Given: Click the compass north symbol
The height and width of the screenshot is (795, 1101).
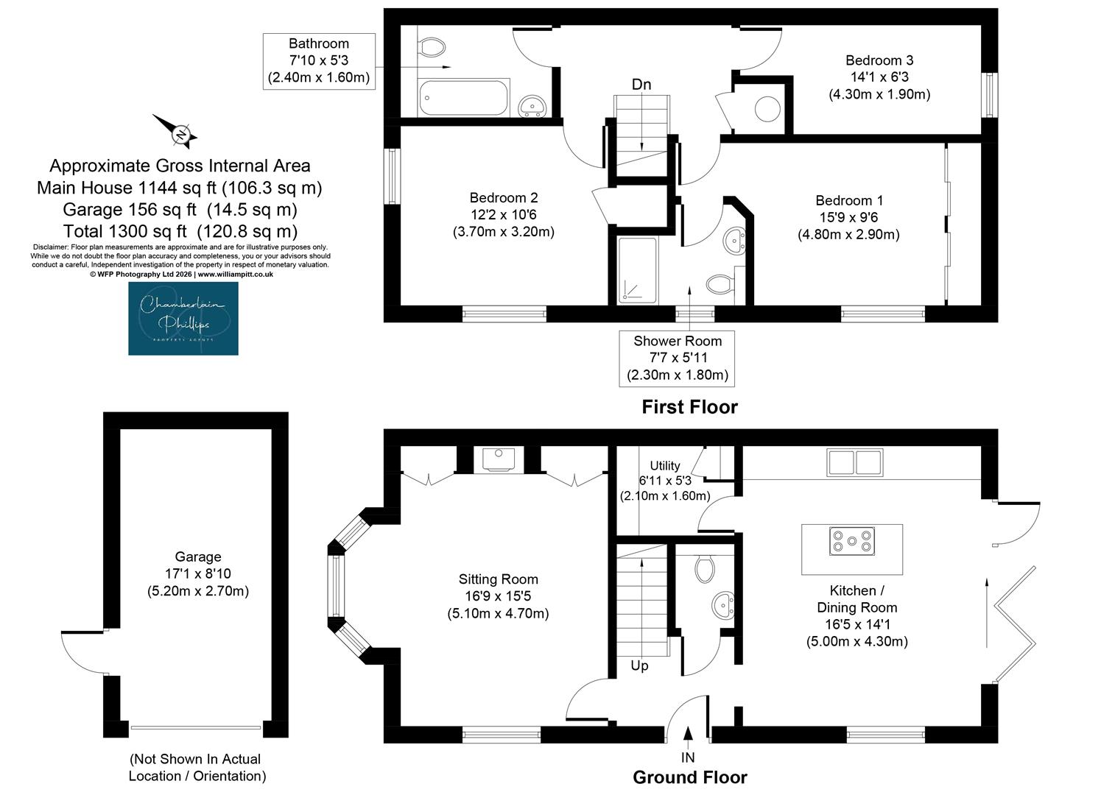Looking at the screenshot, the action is point(176,131).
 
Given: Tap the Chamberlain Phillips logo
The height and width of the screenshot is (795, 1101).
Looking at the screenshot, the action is point(183,319).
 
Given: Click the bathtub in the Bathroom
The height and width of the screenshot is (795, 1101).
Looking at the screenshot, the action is point(463,98).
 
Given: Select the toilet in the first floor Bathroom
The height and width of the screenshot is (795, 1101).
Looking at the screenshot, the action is point(432,48).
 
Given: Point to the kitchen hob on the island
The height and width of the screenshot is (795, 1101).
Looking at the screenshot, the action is point(852,541).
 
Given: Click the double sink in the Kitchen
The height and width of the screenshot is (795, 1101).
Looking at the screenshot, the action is point(855,462).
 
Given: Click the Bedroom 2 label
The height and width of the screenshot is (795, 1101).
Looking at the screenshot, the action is point(503,197).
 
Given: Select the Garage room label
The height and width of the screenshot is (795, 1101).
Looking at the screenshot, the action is point(198,556).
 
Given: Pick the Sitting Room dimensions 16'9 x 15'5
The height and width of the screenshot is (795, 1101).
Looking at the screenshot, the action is point(498,596).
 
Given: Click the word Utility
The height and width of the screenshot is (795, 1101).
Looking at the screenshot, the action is point(665,465).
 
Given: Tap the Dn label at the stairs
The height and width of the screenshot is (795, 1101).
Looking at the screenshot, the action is point(641,85).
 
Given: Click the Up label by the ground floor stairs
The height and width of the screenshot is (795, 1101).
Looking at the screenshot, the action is point(639,665).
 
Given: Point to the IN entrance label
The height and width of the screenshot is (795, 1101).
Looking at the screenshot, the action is point(688,757).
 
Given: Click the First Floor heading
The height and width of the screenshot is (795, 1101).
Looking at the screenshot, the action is point(689,407).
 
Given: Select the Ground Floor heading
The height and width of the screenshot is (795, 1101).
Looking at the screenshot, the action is point(689,777).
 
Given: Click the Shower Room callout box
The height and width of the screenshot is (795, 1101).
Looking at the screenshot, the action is point(677,358).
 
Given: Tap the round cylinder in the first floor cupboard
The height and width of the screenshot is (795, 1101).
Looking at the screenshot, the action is point(767,109).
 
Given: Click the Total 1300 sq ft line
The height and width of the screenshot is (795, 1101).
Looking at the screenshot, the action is point(180,231).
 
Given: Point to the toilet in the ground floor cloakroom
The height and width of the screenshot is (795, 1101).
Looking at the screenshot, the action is point(704,569).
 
